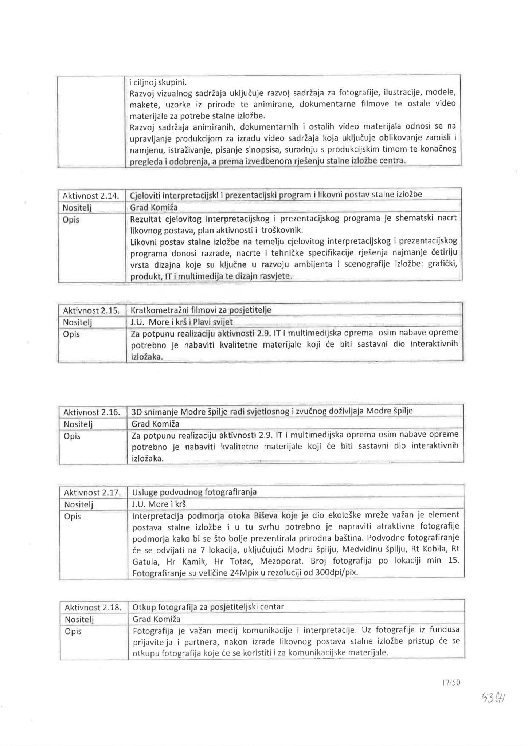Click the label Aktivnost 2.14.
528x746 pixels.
pos(91,196)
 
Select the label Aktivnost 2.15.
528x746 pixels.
pos(91,311)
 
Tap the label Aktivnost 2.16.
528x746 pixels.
pos(91,412)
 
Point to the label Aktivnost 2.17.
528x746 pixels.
pos(92,493)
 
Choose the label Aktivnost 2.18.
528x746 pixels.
pos(93,607)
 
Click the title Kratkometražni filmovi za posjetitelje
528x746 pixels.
pos(201,310)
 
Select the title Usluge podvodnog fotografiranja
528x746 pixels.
pos(194,492)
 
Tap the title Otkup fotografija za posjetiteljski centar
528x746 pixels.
pos(208,607)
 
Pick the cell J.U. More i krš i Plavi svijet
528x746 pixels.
pos(181,322)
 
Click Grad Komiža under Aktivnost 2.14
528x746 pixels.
pos(154,208)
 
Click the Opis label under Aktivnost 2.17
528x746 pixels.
pos(72,517)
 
